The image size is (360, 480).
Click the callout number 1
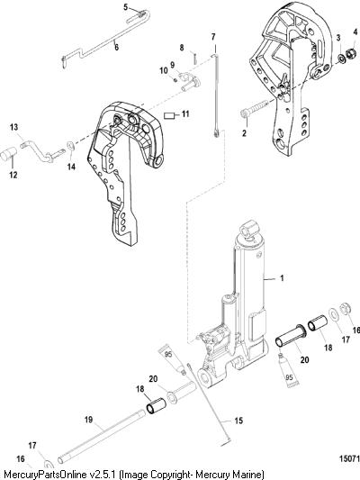(282, 278)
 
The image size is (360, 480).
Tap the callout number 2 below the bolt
(244, 133)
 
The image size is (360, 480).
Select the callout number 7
(213, 37)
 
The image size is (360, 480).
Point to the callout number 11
(185, 113)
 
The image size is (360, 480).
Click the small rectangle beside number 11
(169, 115)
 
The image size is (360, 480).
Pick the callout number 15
(238, 421)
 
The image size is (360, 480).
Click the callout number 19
(89, 419)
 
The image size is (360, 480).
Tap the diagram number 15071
(349, 458)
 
